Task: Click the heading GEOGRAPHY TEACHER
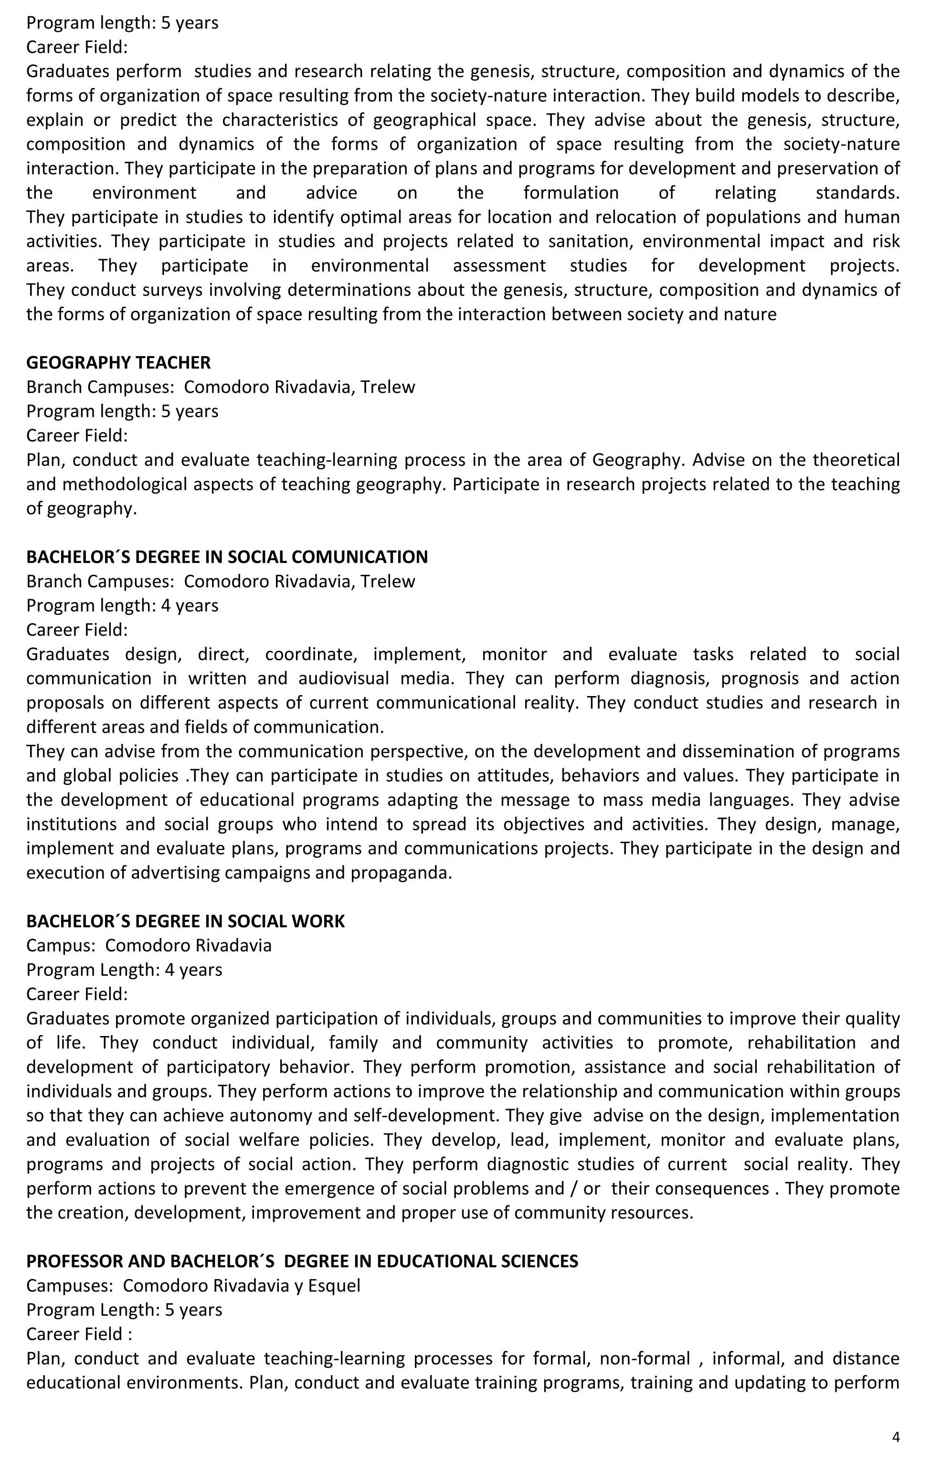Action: (x=118, y=362)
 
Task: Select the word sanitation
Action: (x=587, y=241)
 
